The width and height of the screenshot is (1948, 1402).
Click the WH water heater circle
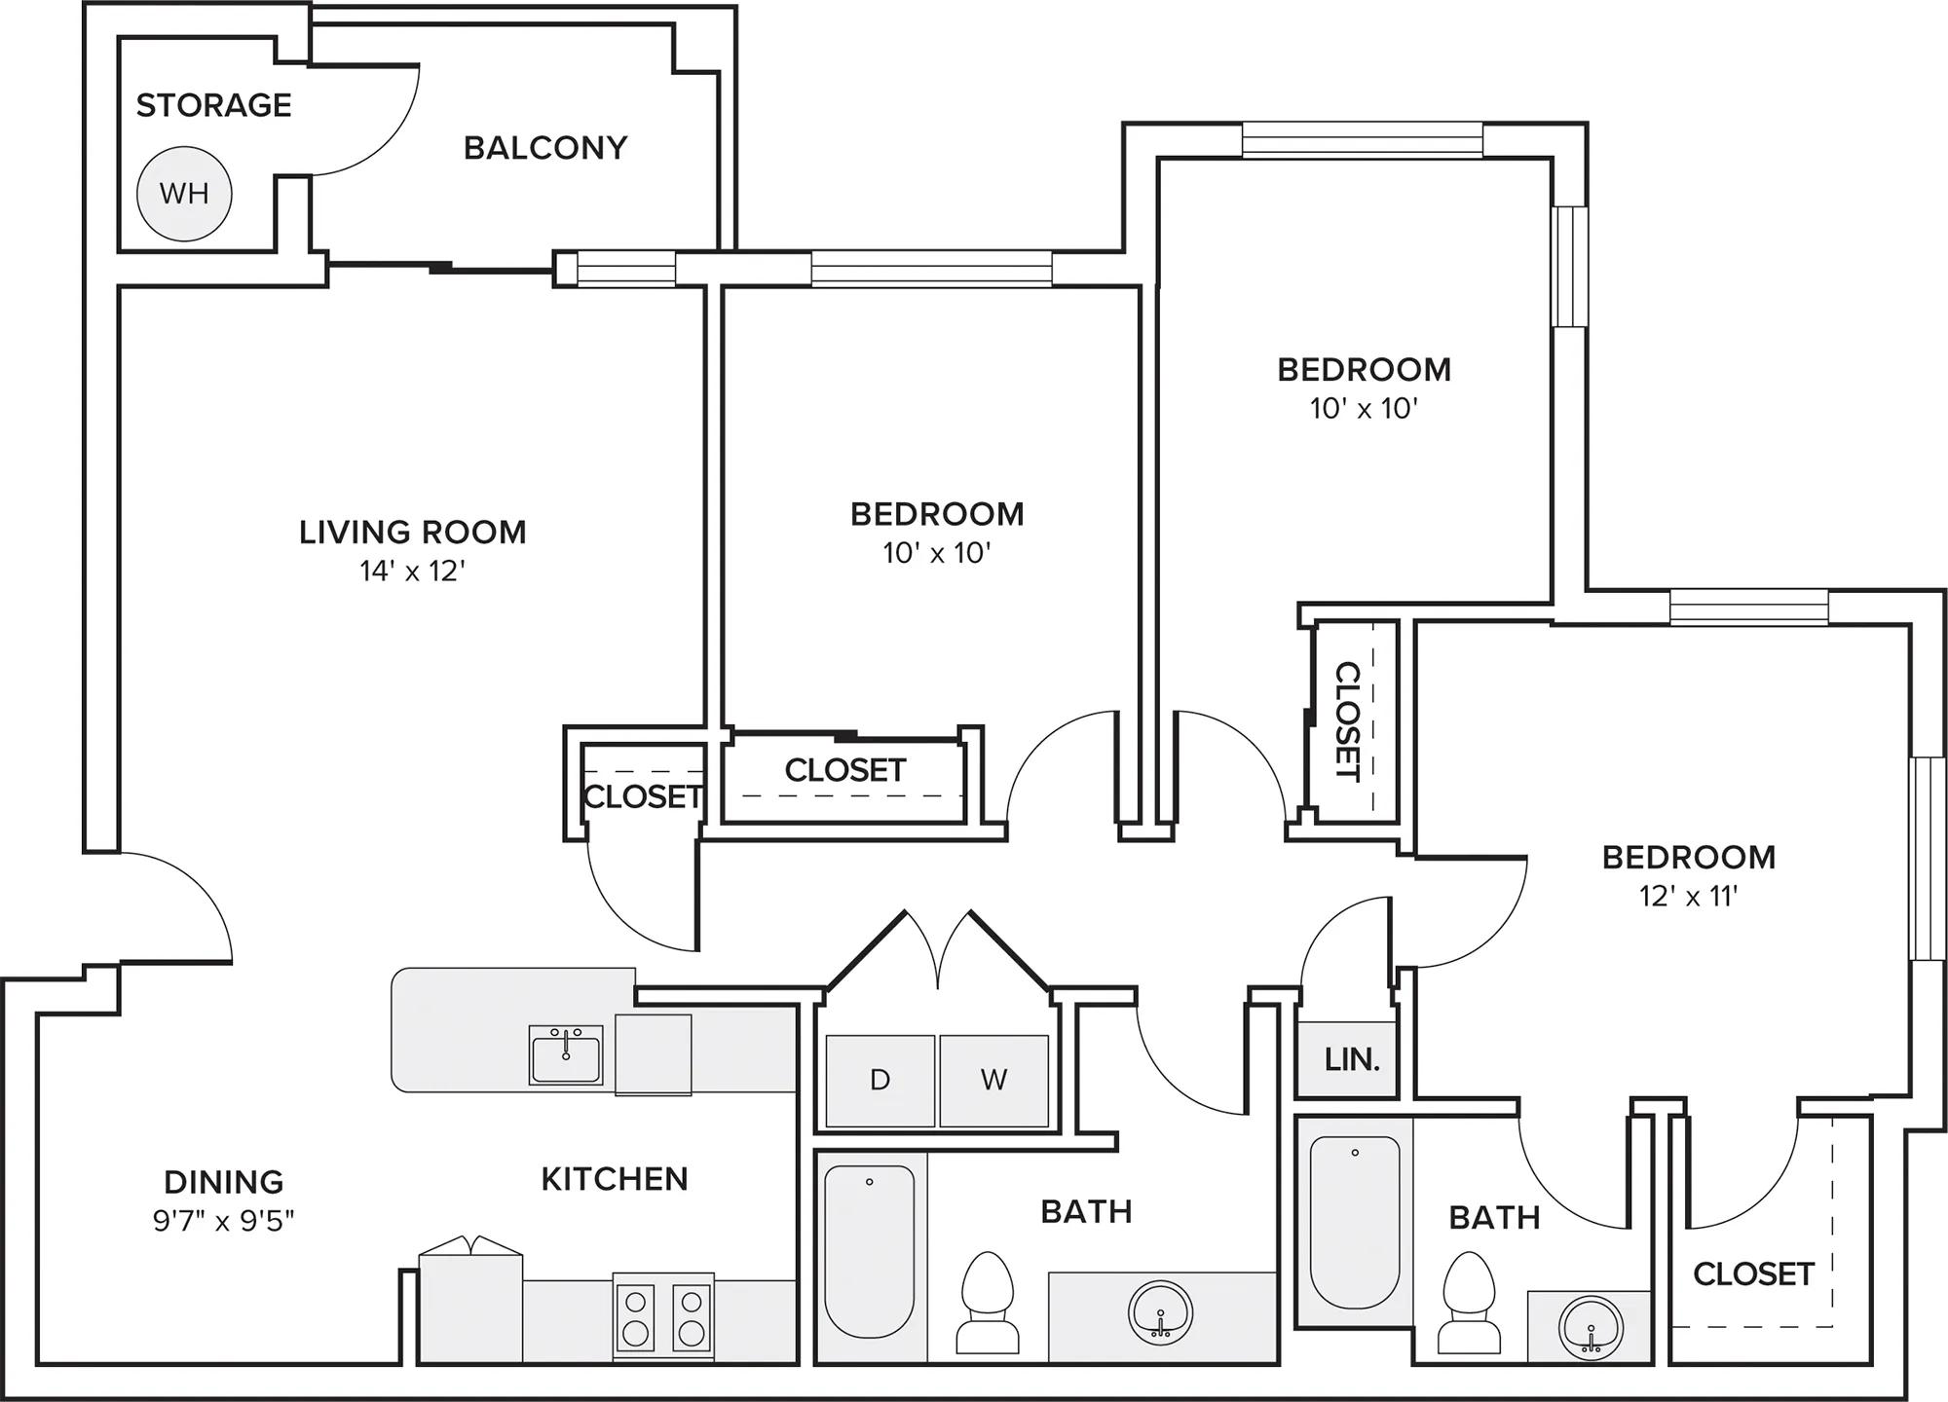point(184,194)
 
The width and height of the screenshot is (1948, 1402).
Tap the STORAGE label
point(213,105)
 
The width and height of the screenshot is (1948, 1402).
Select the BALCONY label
point(545,148)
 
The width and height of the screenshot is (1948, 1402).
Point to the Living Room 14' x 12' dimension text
point(413,571)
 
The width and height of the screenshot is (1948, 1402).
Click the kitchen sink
point(566,1054)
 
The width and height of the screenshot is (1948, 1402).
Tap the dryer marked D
point(880,1081)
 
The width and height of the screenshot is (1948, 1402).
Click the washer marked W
point(993,1081)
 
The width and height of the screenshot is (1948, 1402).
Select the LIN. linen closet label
point(1352,1059)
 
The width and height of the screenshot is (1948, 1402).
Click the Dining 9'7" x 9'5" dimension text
point(223,1220)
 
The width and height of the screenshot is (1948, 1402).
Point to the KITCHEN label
point(615,1179)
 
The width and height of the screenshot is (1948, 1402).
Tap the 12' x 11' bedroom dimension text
point(1688,896)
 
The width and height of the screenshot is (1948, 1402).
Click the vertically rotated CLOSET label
point(1346,721)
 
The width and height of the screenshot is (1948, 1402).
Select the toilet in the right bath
point(1469,1302)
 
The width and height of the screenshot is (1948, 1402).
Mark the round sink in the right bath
point(1591,1326)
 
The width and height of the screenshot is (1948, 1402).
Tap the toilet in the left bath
point(988,1302)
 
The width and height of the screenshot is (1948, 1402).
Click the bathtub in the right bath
point(1355,1223)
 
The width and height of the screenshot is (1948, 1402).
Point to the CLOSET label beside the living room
point(643,797)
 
